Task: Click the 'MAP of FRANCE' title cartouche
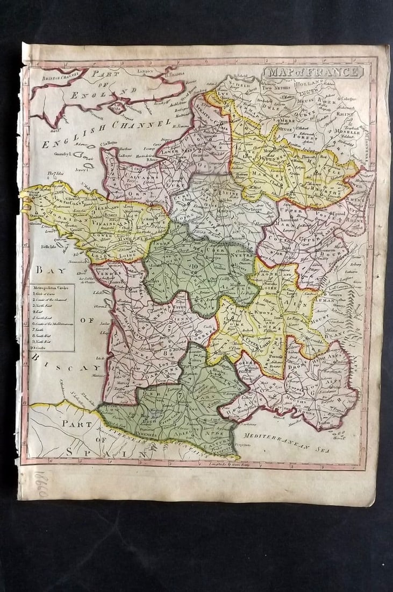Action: coord(313,72)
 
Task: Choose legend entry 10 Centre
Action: coord(41,348)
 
